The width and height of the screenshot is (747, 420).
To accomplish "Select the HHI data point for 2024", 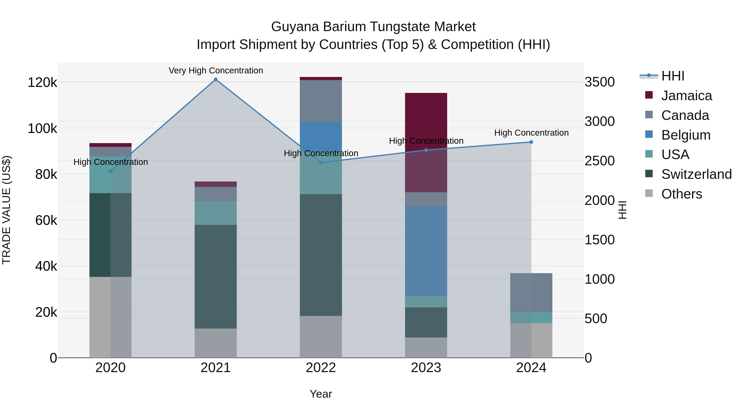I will [531, 142].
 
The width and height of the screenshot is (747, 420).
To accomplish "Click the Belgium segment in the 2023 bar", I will [426, 251].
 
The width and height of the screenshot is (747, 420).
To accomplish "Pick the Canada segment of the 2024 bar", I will [531, 292].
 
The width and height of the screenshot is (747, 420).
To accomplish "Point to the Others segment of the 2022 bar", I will [321, 337].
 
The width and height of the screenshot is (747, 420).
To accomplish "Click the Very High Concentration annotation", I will [216, 71].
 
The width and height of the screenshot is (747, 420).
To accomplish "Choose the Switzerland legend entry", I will [696, 174].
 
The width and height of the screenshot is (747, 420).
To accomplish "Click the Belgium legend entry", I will [686, 135].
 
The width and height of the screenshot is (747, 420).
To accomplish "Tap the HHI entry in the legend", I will [673, 76].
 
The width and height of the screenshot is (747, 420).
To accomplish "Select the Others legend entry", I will [681, 194].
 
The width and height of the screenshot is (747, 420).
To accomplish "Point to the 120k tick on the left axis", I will [42, 83].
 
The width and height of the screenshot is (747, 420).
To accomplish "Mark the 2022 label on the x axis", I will [321, 368].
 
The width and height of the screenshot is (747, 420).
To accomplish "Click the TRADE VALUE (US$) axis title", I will [6, 210].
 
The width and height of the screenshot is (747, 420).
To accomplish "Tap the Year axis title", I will [321, 394].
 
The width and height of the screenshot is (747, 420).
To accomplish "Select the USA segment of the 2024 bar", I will [531, 318].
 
